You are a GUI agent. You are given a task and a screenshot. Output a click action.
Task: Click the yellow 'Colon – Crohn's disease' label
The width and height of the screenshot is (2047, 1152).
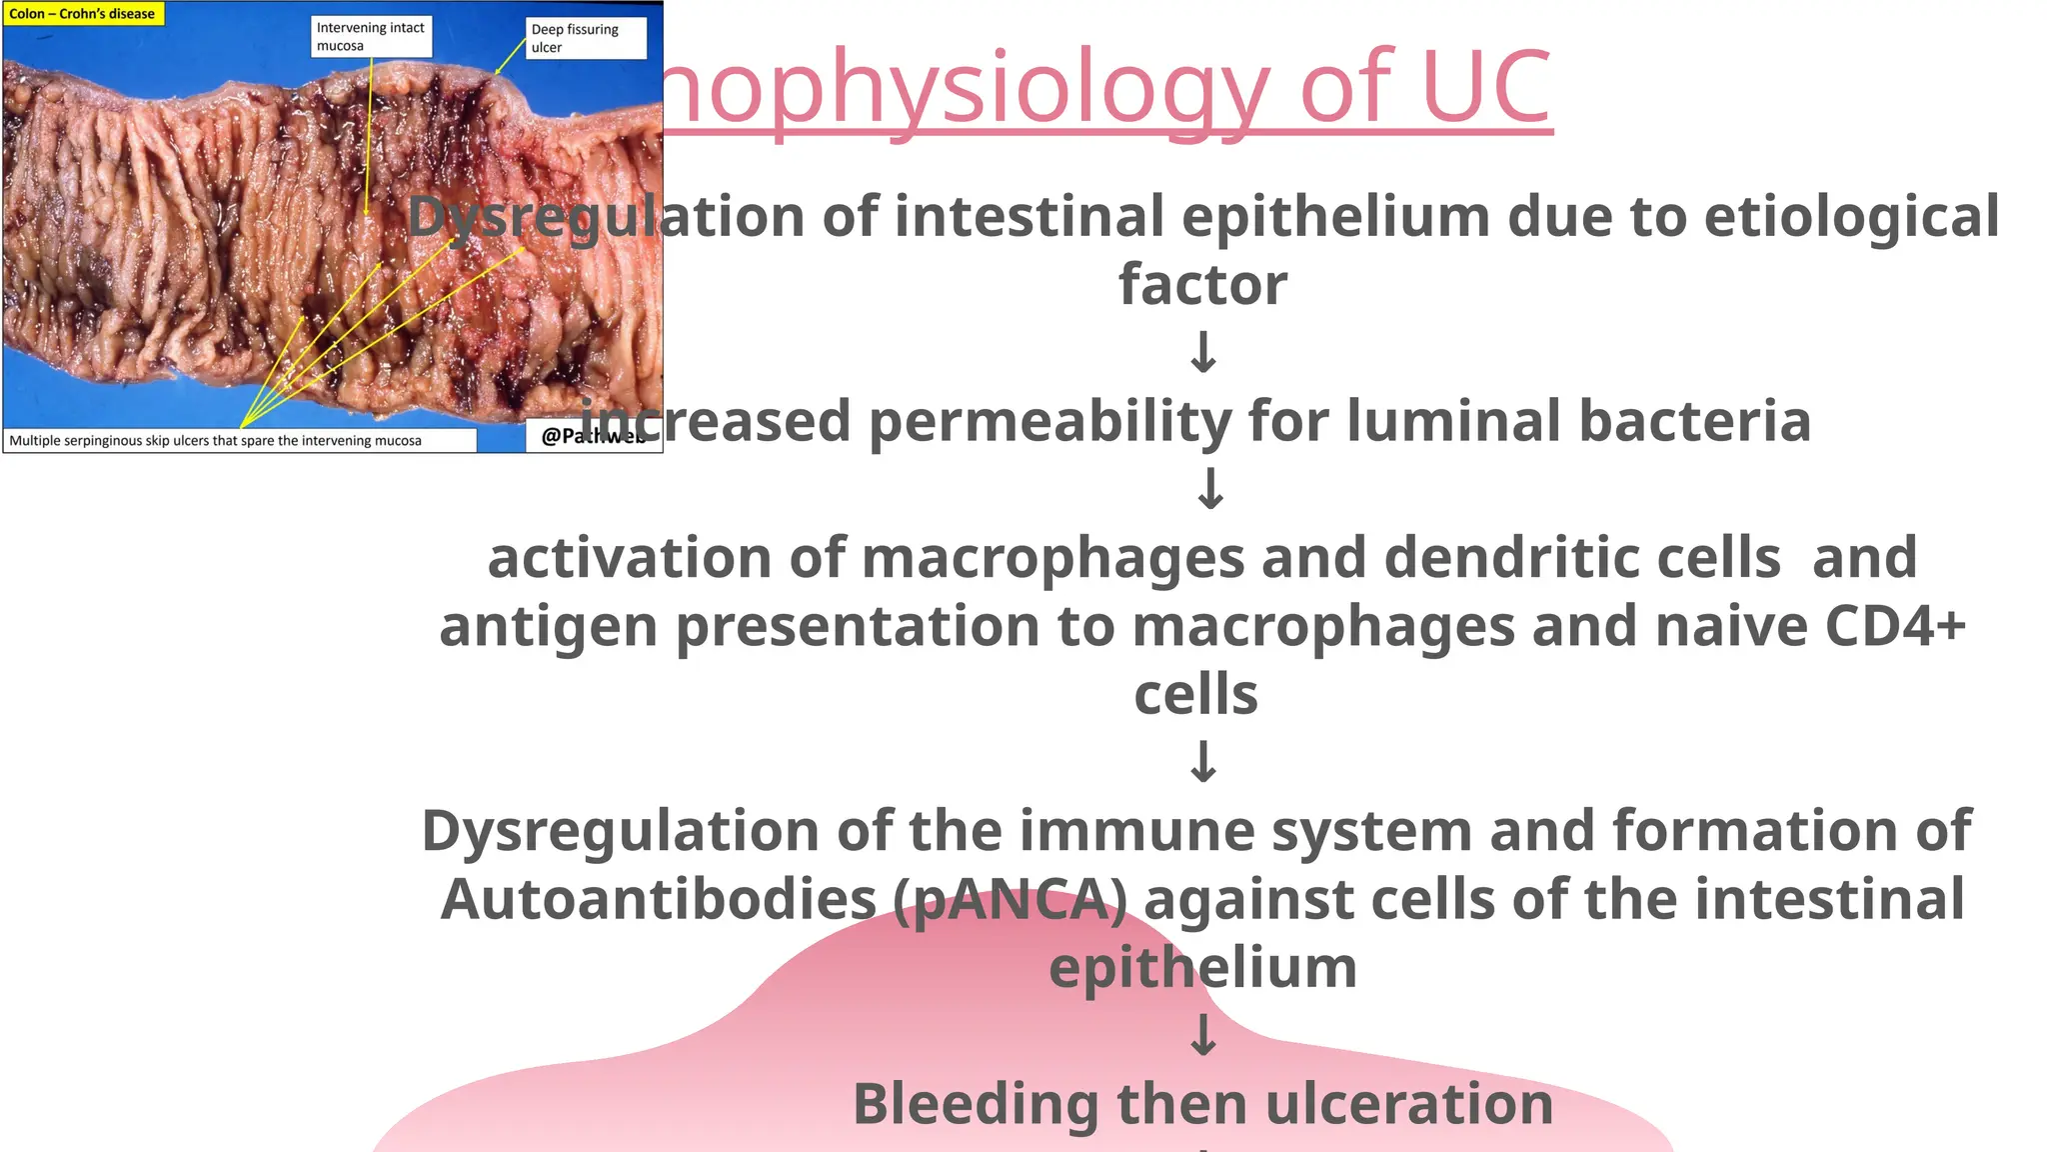pos(83,14)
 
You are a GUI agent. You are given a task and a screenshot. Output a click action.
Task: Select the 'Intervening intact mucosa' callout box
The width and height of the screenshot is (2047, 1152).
pos(371,37)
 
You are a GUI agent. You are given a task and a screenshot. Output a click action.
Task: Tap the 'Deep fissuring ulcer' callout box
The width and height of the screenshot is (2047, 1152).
pos(585,39)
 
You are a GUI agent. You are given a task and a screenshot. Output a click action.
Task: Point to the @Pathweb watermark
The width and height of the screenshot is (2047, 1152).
pos(592,436)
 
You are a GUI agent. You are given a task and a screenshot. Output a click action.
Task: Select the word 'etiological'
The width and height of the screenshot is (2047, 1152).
pos(1851,217)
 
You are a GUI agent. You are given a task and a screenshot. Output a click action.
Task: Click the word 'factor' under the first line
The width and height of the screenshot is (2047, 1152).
pos(1202,285)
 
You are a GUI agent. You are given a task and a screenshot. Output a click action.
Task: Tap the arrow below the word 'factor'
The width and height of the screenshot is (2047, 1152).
pos(1203,352)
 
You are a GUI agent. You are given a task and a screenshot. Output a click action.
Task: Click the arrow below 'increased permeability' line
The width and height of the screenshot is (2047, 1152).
pos(1210,489)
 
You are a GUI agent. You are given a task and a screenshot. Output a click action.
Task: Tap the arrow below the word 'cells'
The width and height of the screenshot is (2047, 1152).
pos(1203,762)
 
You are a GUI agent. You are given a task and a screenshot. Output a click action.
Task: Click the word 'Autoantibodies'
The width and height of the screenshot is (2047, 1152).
pos(658,899)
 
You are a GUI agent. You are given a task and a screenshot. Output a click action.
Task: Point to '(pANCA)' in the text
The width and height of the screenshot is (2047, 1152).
pos(1010,899)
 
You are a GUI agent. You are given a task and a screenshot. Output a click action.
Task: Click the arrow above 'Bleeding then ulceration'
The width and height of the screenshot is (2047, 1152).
pos(1203,1035)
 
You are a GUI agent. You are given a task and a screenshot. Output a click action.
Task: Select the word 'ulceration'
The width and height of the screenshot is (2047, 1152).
pos(1409,1104)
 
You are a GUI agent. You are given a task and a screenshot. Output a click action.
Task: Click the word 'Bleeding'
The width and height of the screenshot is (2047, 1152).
pos(976,1104)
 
